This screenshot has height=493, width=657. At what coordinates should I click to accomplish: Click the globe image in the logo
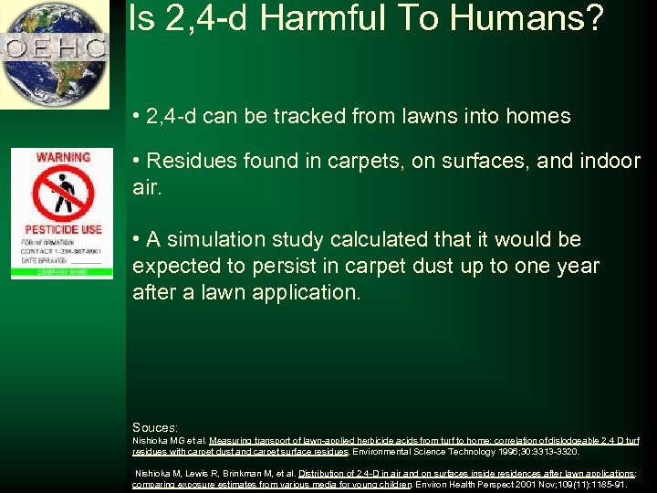pos(55,55)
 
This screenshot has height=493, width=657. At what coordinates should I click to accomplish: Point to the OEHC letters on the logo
pos(55,47)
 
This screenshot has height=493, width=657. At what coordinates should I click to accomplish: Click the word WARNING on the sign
pos(62,158)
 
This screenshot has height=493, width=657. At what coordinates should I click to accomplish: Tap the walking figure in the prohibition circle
pos(63,193)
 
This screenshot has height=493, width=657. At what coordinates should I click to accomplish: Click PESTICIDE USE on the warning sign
pos(63,229)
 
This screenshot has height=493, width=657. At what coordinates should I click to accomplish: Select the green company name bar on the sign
pos(62,270)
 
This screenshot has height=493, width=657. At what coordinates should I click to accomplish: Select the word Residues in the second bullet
pos(187,161)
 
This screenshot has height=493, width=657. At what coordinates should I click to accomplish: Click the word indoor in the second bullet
pos(608,161)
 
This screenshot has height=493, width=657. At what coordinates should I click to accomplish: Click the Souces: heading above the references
pos(155,426)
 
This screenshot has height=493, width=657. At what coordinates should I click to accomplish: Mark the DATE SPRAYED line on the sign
pos(46,259)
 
